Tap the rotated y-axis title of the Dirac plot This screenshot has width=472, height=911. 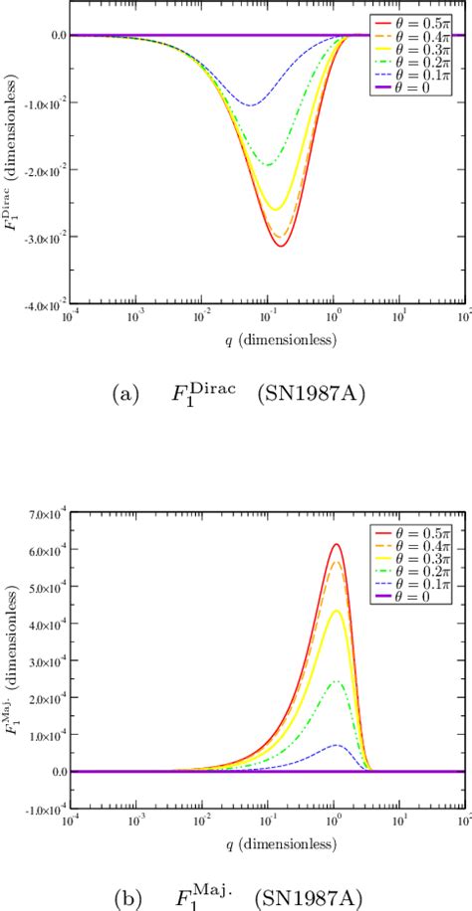12,169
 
